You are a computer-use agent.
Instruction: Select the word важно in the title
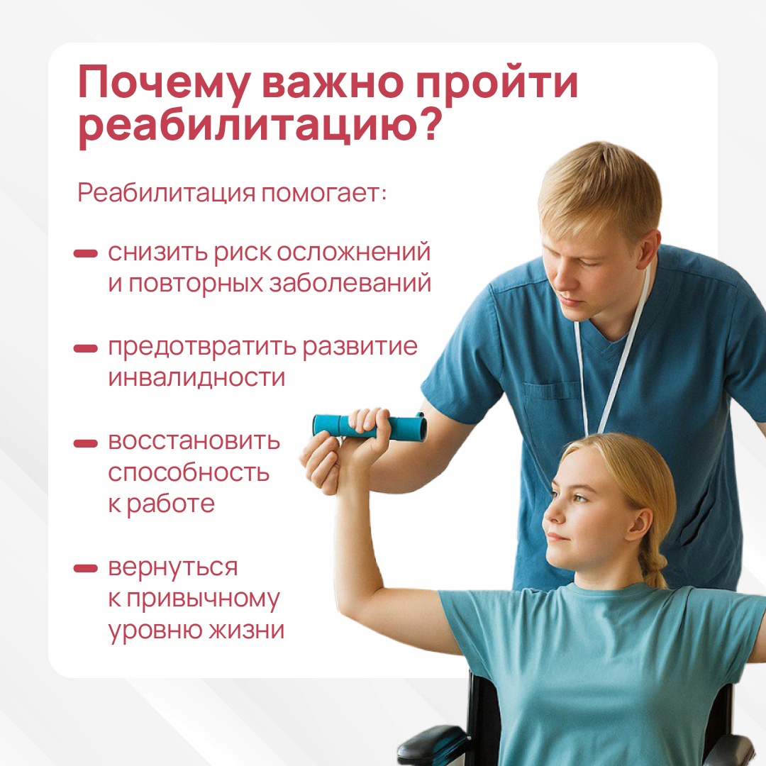(333, 82)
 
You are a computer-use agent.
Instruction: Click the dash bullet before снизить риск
(86, 253)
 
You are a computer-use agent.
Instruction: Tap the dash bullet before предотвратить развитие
(86, 348)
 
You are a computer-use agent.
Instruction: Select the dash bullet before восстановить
(86, 443)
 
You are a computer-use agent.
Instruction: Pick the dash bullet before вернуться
(86, 568)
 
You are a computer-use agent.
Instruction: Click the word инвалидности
(196, 377)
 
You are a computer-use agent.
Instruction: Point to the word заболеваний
(350, 283)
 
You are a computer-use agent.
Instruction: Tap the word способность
(189, 473)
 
